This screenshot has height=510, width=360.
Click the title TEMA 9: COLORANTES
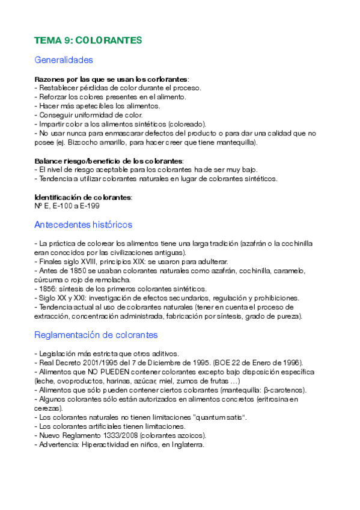(x=88, y=40)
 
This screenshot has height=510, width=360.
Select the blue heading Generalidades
(x=64, y=60)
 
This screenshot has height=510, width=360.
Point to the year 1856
(x=48, y=289)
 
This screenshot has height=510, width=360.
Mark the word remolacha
(x=111, y=280)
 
